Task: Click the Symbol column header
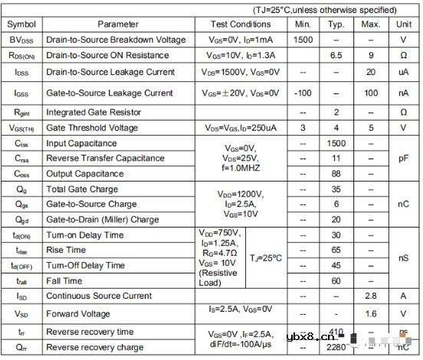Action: [21, 25]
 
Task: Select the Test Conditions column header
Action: [240, 25]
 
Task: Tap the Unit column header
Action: [403, 25]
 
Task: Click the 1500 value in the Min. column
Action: [303, 39]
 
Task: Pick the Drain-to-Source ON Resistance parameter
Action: [107, 55]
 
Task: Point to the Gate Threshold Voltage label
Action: [93, 128]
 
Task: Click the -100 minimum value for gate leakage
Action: [303, 93]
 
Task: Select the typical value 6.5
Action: [336, 55]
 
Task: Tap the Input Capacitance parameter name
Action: [83, 143]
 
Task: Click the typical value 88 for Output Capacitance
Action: [336, 173]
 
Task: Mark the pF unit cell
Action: [403, 158]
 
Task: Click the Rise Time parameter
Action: [66, 250]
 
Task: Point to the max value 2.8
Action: [371, 295]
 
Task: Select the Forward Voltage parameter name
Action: [78, 313]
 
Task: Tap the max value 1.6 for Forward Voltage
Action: [371, 313]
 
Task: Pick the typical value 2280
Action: [336, 348]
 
